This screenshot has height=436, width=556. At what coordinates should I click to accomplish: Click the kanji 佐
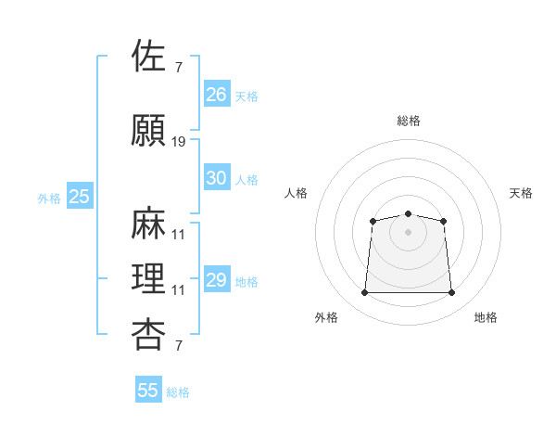tap(148, 55)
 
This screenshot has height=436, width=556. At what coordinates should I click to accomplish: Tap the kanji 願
tap(148, 130)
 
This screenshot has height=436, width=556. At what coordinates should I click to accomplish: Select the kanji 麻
tap(148, 223)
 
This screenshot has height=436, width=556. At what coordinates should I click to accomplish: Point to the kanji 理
tap(148, 278)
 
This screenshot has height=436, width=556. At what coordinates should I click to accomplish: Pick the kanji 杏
tap(148, 335)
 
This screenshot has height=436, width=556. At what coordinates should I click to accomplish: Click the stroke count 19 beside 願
tap(178, 142)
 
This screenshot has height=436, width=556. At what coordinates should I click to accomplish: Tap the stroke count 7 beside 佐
tap(179, 68)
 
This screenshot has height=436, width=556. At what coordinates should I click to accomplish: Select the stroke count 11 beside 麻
tap(178, 235)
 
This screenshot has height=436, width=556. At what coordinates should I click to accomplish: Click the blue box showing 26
tap(217, 94)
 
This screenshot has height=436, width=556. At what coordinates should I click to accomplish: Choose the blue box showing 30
tap(217, 177)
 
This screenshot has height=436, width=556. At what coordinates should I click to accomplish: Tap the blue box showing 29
tap(217, 278)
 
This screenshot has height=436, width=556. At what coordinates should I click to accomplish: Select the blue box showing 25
tap(80, 196)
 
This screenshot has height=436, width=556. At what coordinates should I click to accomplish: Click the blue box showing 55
tap(148, 389)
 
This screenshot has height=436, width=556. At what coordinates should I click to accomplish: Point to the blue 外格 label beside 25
tap(49, 199)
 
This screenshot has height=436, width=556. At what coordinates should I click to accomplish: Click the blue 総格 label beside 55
tap(178, 392)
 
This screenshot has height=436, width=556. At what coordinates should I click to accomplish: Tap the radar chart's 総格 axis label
tap(408, 121)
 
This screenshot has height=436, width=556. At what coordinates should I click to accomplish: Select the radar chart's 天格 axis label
tap(521, 193)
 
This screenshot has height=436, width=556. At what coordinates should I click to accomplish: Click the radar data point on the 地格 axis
tap(451, 292)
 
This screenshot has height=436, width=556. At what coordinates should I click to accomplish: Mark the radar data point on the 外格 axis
tap(364, 292)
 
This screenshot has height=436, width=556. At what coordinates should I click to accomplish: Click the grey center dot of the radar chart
tap(408, 232)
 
